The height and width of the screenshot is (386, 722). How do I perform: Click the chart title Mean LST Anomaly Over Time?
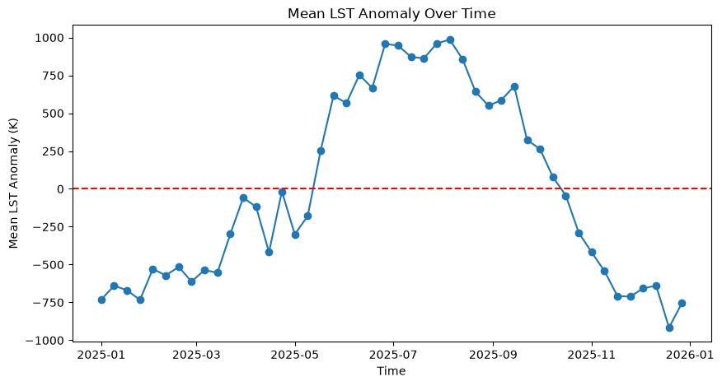pos(391,13)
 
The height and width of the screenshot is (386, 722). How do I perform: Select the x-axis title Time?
pos(391,371)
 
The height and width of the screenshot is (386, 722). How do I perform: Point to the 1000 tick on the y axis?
pos(49,38)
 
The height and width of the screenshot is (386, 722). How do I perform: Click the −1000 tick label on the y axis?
pos(45,341)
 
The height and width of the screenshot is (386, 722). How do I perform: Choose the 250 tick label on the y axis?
pos(54,151)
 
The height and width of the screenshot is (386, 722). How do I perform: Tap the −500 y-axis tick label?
pos(49,264)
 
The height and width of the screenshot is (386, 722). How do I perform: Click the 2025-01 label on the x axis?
pos(101,356)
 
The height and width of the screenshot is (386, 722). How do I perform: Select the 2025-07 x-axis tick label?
pos(393,356)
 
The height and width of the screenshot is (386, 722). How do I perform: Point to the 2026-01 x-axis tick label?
pos(689,356)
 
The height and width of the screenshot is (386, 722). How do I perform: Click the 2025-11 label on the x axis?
pos(592,356)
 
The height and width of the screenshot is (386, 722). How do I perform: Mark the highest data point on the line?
pos(450,40)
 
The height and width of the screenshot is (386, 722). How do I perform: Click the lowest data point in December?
pos(669,328)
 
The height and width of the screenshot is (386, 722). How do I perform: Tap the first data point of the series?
pos(101,300)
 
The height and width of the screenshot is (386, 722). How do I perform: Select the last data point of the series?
pos(682,303)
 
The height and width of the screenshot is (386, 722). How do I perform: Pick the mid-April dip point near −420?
pos(269,252)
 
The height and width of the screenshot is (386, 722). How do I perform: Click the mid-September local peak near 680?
pos(515,87)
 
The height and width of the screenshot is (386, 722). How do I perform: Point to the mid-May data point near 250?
pos(321,151)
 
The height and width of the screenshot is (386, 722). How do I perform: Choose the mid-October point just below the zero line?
pos(566,197)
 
